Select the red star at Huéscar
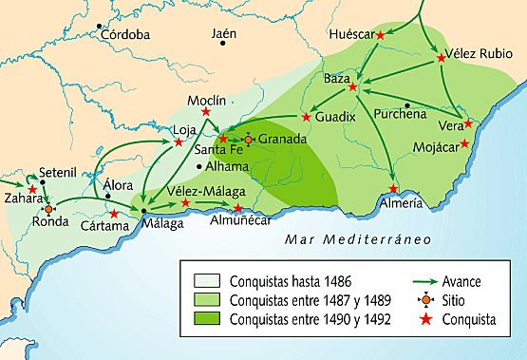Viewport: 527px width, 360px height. [381, 35]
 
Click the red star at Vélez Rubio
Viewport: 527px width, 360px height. [442, 59]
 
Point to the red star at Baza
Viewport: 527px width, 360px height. [352, 87]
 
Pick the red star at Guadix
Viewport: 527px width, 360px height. [306, 118]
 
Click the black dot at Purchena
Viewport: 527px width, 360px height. [407, 104]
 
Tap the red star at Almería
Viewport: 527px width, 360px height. [393, 189]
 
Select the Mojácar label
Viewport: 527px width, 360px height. [437, 147]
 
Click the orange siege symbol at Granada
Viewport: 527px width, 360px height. [249, 139]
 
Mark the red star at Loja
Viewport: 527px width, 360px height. [179, 143]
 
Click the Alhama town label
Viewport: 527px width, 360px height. [229, 165]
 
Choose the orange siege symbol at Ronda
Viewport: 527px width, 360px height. [49, 208]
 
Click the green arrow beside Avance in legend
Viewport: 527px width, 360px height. [433, 282]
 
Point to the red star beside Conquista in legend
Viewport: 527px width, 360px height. [434, 320]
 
